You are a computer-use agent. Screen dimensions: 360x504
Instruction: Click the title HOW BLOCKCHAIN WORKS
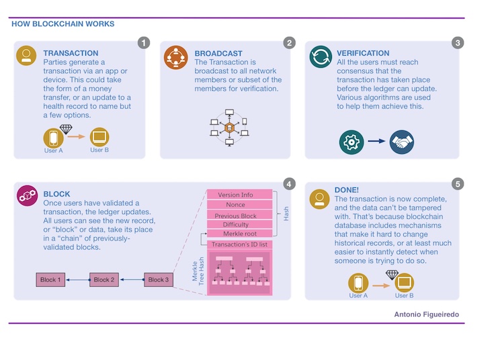[x=63, y=24]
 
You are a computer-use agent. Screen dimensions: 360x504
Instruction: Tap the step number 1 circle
[x=144, y=43]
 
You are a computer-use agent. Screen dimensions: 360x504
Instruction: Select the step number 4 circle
[x=289, y=183]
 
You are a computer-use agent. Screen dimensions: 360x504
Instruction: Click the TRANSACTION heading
[x=71, y=53]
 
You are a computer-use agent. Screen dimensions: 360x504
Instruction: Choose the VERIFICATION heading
[x=363, y=53]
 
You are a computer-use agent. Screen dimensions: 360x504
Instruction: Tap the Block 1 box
[x=51, y=279]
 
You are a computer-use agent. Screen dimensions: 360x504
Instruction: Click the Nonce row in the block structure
[x=235, y=205]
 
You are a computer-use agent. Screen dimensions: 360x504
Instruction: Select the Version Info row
[x=235, y=195]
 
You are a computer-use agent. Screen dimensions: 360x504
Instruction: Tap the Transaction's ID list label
[x=239, y=244]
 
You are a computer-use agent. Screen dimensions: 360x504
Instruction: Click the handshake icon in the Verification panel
[x=402, y=142]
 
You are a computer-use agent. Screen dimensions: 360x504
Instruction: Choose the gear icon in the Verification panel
[x=351, y=142]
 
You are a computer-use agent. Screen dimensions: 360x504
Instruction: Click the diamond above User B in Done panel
[x=392, y=275]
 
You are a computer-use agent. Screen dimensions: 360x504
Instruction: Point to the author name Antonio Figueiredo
[x=427, y=314]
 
